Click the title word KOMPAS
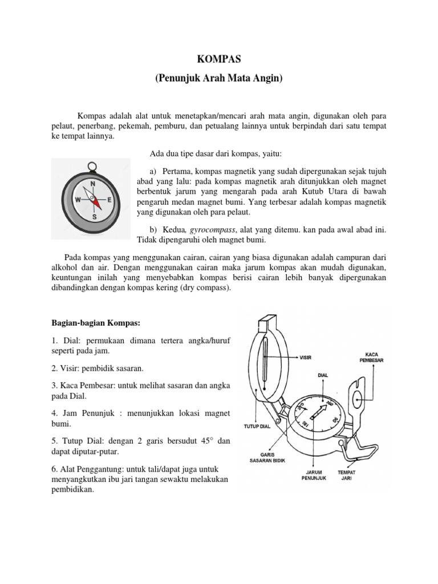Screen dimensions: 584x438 click(218, 58)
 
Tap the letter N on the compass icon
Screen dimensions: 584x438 click(92, 184)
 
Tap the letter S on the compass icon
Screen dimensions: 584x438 click(94, 217)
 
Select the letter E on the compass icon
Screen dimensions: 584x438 click(109, 201)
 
